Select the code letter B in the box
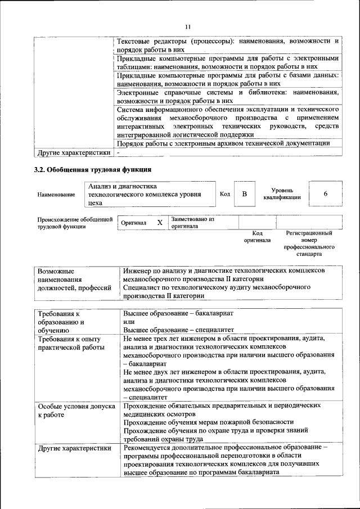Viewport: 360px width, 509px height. pyautogui.click(x=244, y=194)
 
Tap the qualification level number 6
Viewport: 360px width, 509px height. pyautogui.click(x=325, y=194)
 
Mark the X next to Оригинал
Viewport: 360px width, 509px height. pyautogui.click(x=160, y=223)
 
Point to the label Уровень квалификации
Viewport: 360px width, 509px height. pyautogui.click(x=281, y=194)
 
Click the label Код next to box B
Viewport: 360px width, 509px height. pyautogui.click(x=224, y=194)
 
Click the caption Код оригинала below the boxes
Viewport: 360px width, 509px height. pyautogui.click(x=257, y=236)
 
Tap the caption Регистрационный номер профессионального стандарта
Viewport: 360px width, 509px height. pyautogui.click(x=309, y=243)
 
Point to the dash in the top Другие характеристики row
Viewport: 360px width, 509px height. pyautogui.click(x=119, y=152)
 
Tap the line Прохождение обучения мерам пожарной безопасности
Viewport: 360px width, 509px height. pyautogui.click(x=208, y=422)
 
